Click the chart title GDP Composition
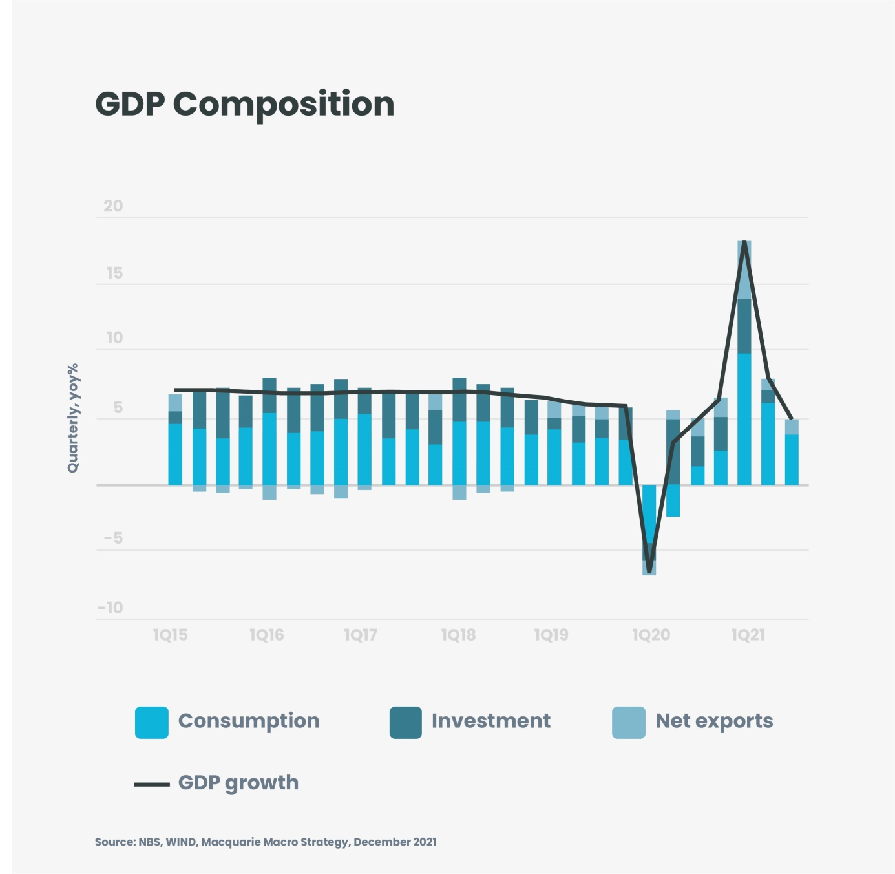coord(244,104)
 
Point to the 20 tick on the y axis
coord(113,206)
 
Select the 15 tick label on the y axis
coord(114,273)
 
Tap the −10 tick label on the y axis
coord(111,608)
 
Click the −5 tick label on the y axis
coord(113,538)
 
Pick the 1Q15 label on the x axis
coord(171,635)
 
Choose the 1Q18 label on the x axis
coord(458,635)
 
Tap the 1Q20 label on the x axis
coord(651,635)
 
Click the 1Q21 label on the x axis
coord(748,635)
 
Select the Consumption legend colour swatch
coord(152,722)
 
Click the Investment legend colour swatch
coord(406,722)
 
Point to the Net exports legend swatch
coord(629,722)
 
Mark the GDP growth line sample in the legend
coord(152,784)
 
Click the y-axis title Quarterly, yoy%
coord(72,418)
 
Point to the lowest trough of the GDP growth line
coord(649,571)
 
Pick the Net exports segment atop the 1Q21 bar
coord(744,270)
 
